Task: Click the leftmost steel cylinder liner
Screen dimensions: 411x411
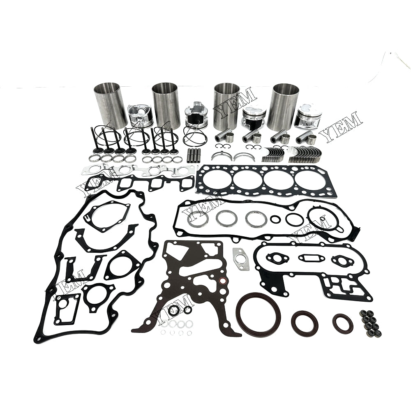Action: point(110,105)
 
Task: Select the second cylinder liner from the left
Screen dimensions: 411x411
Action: point(166,106)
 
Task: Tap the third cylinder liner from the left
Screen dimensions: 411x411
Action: point(226,106)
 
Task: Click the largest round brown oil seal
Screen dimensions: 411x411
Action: point(258,314)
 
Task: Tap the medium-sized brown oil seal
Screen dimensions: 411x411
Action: point(305,323)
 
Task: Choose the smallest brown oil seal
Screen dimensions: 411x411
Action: point(343,324)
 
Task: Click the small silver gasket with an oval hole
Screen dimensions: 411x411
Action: point(240,259)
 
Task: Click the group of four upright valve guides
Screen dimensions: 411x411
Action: point(194,155)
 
